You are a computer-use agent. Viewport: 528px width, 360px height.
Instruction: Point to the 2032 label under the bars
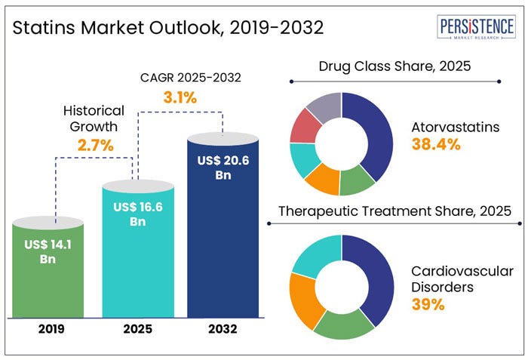tap(223, 329)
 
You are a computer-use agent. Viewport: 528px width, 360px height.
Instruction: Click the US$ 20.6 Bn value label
tap(223, 168)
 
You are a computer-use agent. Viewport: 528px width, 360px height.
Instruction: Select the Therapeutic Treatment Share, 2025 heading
tap(395, 211)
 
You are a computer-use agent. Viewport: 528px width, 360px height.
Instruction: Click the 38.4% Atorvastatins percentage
tap(436, 145)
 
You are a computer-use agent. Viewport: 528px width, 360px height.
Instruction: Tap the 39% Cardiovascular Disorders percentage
tap(428, 305)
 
